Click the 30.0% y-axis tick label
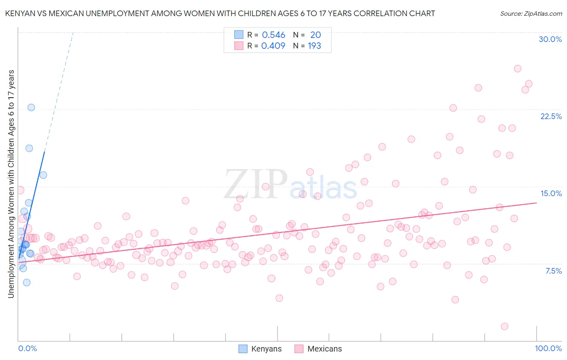pos(550,39)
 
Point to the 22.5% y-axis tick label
pos(551,116)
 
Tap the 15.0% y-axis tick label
pos(551,193)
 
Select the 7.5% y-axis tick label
pos(553,271)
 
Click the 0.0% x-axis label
pos(27,348)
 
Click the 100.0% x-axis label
pos(548,348)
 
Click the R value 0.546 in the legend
pos(273,35)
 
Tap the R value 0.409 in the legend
pos(273,46)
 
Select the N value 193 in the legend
pos(315,46)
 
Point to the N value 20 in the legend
pos(315,35)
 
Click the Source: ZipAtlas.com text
pos(531,13)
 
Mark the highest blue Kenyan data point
pos(31,107)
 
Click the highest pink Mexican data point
pos(517,69)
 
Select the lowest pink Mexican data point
pos(504,326)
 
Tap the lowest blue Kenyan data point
pos(27,283)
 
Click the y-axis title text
pos(11,184)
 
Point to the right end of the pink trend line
pos(537,203)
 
